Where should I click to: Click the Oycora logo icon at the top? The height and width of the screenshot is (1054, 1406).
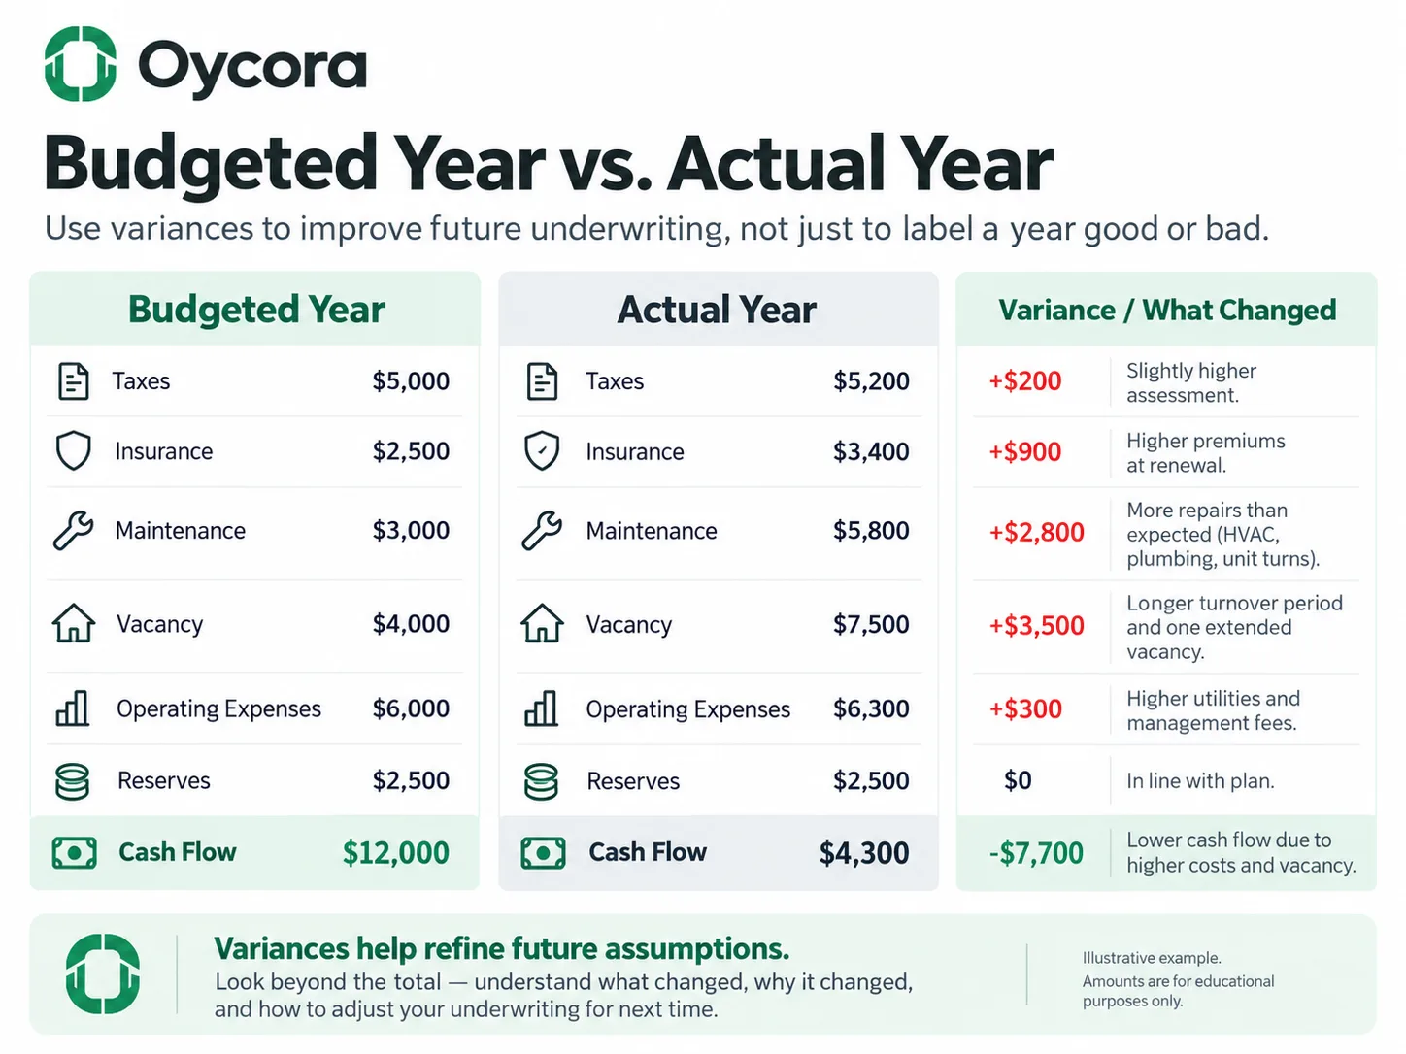pyautogui.click(x=80, y=63)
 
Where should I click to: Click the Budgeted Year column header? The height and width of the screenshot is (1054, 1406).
pyautogui.click(x=256, y=310)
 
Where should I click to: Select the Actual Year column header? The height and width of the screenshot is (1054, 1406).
pyautogui.click(x=717, y=310)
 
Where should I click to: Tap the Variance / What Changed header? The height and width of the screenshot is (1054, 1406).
pyautogui.click(x=1167, y=311)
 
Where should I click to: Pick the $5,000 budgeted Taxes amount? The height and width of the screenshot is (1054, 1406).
pyautogui.click(x=412, y=380)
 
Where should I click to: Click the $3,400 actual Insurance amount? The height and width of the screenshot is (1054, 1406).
pyautogui.click(x=871, y=451)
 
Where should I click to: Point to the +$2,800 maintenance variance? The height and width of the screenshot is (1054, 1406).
pyautogui.click(x=1036, y=532)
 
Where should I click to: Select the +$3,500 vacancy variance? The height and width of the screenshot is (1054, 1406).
pyautogui.click(x=1036, y=625)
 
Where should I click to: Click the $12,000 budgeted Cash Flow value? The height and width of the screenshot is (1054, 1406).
pyautogui.click(x=396, y=852)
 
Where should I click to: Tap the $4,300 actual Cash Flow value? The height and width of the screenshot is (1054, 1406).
pyautogui.click(x=864, y=852)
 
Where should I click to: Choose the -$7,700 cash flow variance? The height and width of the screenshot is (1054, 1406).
pyautogui.click(x=1036, y=853)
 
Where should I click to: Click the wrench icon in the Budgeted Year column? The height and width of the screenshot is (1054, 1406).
pyautogui.click(x=73, y=531)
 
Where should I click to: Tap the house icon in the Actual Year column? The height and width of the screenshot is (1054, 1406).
pyautogui.click(x=542, y=623)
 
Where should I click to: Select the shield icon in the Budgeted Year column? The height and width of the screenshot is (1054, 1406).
pyautogui.click(x=74, y=450)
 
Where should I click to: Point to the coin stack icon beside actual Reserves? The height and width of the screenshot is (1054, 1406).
pyautogui.click(x=541, y=781)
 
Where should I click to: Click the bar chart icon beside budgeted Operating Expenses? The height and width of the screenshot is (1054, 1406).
pyautogui.click(x=73, y=708)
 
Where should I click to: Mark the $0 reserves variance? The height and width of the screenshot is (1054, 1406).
pyautogui.click(x=1018, y=780)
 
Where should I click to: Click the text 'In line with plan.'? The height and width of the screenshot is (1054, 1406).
pyautogui.click(x=1200, y=780)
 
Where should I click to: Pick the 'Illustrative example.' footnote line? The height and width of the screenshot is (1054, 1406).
pyautogui.click(x=1152, y=958)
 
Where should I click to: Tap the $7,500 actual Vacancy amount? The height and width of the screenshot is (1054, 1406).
pyautogui.click(x=871, y=624)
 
